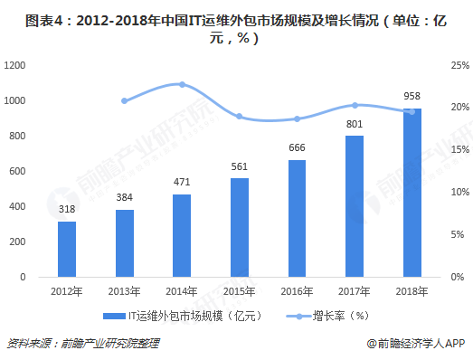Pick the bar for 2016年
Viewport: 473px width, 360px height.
pos(297,218)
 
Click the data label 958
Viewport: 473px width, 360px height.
pos(412,97)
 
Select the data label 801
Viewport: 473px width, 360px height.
pos(355,124)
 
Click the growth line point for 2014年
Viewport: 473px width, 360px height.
pos(182,84)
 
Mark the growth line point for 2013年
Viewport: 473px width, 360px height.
pos(124,100)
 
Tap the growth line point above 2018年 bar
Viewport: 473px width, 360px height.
pos(412,111)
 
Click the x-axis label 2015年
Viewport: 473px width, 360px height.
pos(239,290)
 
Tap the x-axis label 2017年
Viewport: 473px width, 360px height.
pos(355,290)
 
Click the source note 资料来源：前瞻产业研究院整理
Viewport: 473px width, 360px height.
pos(82,344)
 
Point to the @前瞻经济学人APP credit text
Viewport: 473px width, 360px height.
pos(415,344)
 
